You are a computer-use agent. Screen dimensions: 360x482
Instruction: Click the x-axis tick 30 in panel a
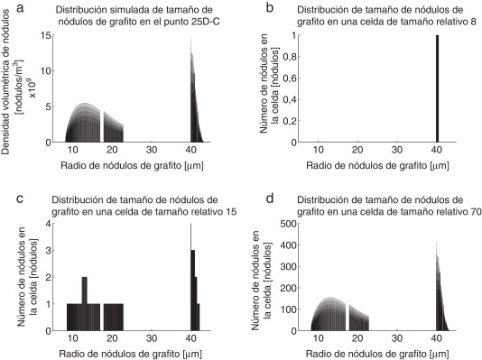click(x=152, y=151)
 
